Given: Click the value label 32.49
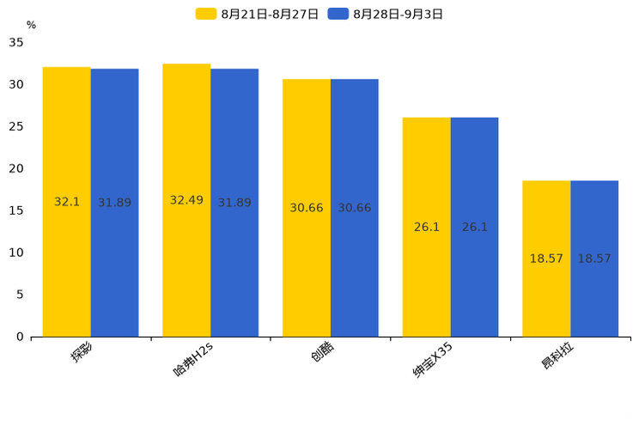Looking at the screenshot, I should (186, 200).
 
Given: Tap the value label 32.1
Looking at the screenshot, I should (66, 202).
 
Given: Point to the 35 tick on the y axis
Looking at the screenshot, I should (16, 42).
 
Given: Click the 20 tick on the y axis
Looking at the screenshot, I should (16, 168).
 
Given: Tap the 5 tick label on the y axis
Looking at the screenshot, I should (20, 295).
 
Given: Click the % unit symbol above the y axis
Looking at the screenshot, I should (31, 25).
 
